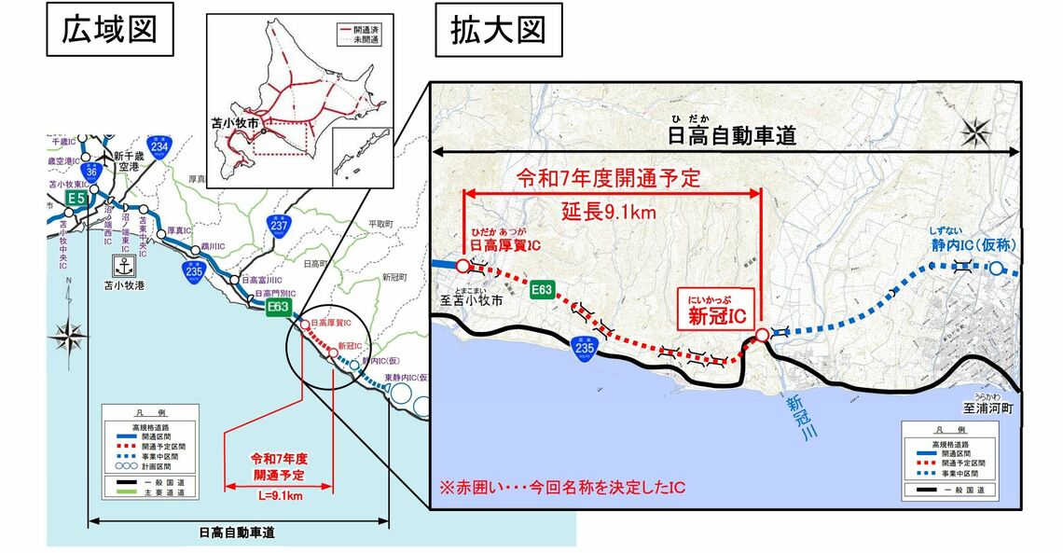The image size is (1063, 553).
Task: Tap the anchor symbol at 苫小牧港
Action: click(x=119, y=264)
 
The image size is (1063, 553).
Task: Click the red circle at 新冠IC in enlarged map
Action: click(x=761, y=335)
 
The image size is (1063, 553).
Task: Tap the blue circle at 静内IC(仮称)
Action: click(x=997, y=269)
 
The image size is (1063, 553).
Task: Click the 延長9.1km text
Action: click(x=611, y=212)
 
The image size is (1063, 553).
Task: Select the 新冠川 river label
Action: click(x=794, y=415)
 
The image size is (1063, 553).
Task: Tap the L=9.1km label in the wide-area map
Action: click(x=280, y=496)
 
